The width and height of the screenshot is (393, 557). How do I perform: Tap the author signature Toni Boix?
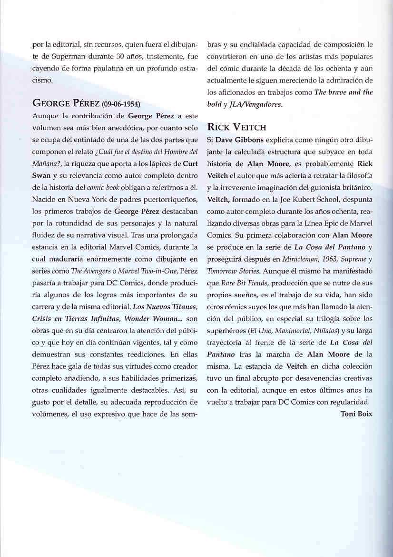click(x=356, y=414)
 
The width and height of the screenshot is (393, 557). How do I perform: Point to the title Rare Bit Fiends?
click(x=243, y=282)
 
